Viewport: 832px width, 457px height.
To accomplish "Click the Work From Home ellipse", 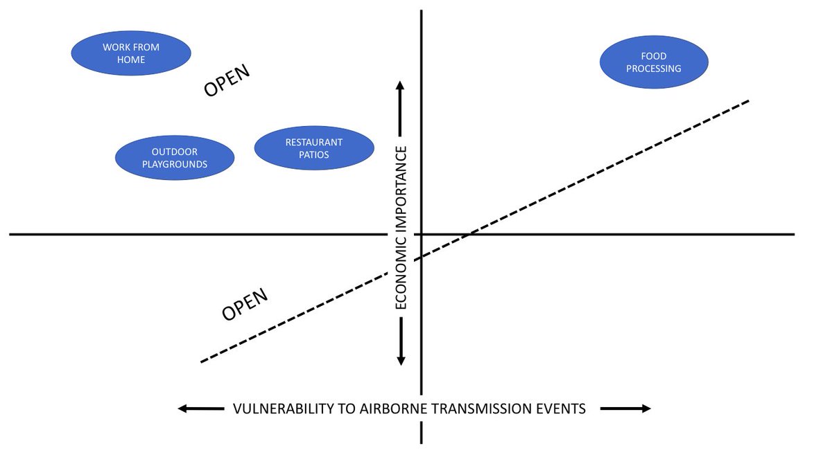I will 131,54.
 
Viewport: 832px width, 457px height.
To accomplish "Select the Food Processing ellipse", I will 654,62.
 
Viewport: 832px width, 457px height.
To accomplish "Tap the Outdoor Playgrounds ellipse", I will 175,158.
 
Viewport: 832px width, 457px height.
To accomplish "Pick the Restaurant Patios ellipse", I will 314,148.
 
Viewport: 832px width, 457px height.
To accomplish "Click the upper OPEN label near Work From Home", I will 226,82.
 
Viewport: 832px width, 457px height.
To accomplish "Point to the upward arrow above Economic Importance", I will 401,107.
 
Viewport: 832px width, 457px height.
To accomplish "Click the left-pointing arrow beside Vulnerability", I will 202,409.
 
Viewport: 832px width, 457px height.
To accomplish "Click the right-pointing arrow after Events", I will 625,409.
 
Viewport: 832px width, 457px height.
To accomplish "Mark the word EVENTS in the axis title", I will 560,409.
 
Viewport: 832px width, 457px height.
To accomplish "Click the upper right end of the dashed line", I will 749,100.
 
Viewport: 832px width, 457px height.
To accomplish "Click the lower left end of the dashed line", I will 201,362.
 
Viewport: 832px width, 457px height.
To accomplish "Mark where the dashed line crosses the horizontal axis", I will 469,234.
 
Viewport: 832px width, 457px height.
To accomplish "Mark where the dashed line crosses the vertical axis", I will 421,257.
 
